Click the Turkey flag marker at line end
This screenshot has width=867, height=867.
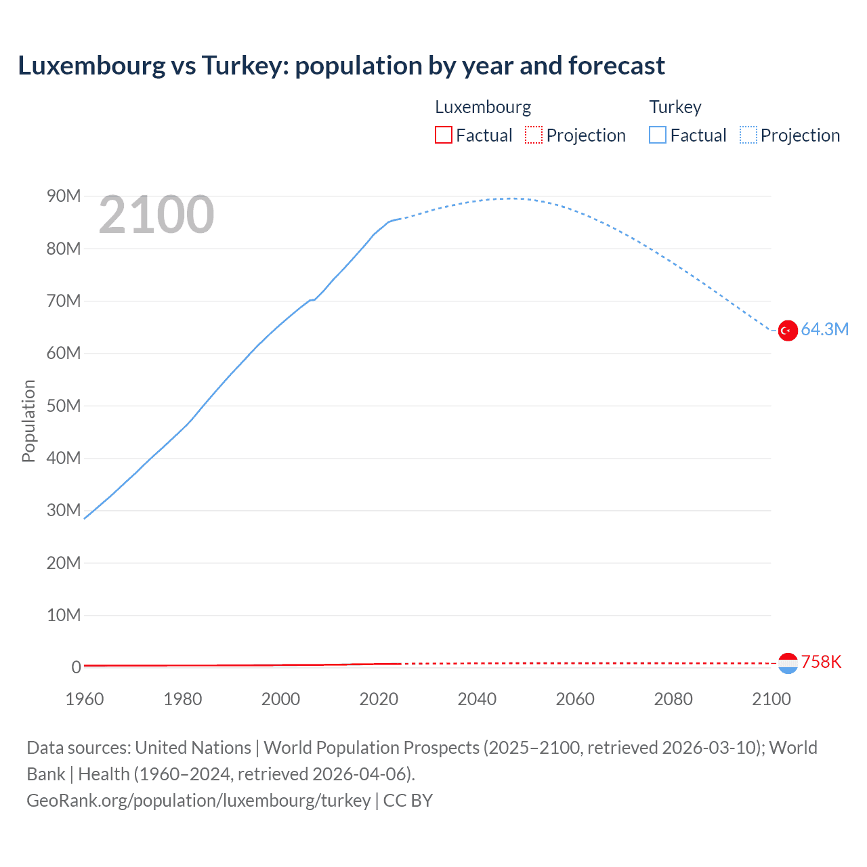(x=787, y=331)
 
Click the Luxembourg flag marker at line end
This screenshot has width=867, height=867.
(x=787, y=663)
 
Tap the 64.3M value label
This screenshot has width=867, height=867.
(x=824, y=330)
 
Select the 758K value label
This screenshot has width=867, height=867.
(x=821, y=662)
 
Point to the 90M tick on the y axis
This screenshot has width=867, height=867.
(x=64, y=196)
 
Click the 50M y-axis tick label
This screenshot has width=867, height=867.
(x=64, y=406)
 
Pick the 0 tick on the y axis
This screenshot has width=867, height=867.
(x=76, y=667)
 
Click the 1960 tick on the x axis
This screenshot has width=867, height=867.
(x=85, y=699)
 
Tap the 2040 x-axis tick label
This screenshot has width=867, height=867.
(x=477, y=699)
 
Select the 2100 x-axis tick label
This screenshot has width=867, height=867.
(x=771, y=699)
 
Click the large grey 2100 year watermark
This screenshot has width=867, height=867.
(x=156, y=215)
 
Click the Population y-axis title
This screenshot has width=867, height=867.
(x=28, y=421)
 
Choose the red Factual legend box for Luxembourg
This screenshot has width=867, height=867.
(x=443, y=135)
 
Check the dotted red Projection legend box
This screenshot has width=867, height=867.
(x=534, y=135)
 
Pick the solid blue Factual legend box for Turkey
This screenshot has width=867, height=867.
(x=657, y=135)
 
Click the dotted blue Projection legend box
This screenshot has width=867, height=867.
(x=748, y=135)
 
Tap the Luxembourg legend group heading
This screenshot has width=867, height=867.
(x=482, y=107)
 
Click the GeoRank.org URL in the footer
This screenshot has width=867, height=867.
(x=198, y=801)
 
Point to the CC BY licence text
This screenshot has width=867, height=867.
(x=408, y=801)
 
